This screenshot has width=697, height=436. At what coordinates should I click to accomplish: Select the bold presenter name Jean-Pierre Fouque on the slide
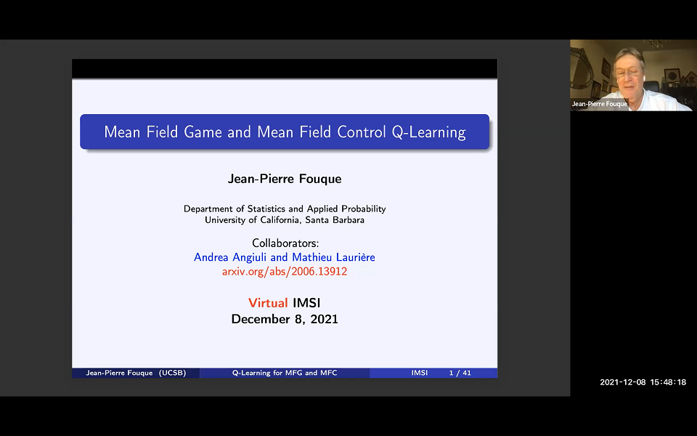pyautogui.click(x=285, y=179)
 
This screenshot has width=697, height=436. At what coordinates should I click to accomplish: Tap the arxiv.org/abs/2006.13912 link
pyautogui.click(x=285, y=271)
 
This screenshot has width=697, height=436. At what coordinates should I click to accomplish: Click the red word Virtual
pyautogui.click(x=268, y=302)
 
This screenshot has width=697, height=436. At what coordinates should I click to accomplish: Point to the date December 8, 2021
pyautogui.click(x=285, y=319)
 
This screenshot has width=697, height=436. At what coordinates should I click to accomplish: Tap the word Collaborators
pyautogui.click(x=285, y=243)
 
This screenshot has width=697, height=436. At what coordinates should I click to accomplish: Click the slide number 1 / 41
pyautogui.click(x=460, y=373)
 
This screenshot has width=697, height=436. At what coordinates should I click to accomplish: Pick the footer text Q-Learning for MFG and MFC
pyautogui.click(x=285, y=373)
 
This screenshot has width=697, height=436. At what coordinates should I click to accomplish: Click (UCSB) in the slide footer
pyautogui.click(x=173, y=373)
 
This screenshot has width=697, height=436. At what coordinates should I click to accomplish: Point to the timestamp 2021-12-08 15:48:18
pyautogui.click(x=643, y=382)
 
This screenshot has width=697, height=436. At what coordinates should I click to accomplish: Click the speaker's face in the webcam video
pyautogui.click(x=628, y=73)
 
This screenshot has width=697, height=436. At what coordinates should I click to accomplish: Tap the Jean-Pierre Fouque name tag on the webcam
pyautogui.click(x=599, y=104)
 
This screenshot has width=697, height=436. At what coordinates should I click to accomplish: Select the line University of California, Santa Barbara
pyautogui.click(x=285, y=219)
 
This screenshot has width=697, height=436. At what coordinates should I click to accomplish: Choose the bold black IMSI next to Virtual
pyautogui.click(x=306, y=302)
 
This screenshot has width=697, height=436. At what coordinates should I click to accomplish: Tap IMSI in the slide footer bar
pyautogui.click(x=419, y=373)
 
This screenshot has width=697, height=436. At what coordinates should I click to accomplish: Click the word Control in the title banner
pyautogui.click(x=363, y=132)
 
